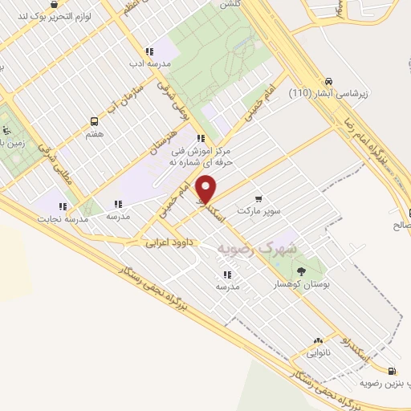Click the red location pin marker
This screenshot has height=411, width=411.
(206, 190)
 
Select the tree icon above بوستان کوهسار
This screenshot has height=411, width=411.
(301, 271)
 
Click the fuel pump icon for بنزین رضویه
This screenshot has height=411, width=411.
(391, 370)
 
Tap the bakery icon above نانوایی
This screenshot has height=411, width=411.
(318, 341)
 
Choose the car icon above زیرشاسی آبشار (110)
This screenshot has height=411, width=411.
(328, 81)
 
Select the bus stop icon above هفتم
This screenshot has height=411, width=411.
(96, 122)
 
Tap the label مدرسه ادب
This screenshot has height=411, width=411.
(149, 61)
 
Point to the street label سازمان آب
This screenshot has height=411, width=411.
(129, 96)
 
